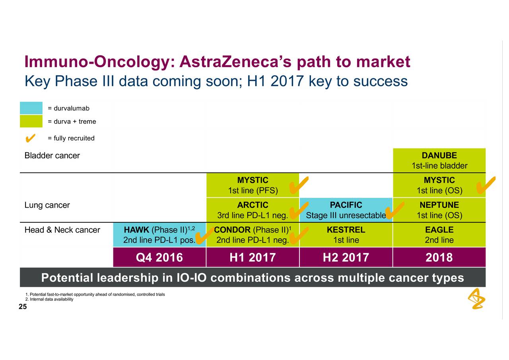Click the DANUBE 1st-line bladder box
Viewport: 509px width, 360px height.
439,160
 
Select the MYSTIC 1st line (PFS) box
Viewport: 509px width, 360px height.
253,185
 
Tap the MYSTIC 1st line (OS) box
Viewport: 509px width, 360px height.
439,185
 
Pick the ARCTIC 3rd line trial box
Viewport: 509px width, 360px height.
253,210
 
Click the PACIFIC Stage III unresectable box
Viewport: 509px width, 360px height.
346,210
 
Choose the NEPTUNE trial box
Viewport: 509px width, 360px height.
439,210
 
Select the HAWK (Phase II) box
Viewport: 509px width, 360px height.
159,235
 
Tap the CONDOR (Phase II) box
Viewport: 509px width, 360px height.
253,235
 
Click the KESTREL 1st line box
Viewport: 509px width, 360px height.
346,235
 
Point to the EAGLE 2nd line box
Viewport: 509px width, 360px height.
439,235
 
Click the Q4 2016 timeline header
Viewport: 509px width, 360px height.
159,257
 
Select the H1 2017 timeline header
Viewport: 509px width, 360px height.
253,257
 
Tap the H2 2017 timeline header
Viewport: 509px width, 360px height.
346,257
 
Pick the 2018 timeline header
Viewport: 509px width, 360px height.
439,257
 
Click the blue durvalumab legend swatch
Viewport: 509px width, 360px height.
31,108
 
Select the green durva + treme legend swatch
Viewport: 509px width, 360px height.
31,121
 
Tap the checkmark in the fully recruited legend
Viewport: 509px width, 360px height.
30,138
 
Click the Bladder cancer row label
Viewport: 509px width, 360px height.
52,156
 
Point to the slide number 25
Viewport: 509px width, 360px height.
23,307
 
